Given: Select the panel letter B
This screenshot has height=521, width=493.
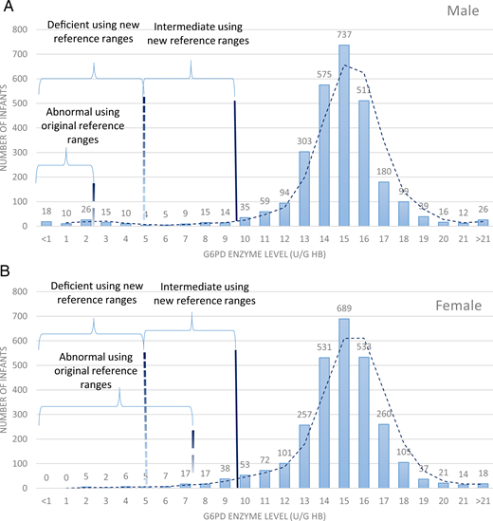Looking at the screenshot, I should click(7, 272).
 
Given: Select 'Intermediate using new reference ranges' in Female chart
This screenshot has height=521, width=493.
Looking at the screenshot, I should click(203, 293).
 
